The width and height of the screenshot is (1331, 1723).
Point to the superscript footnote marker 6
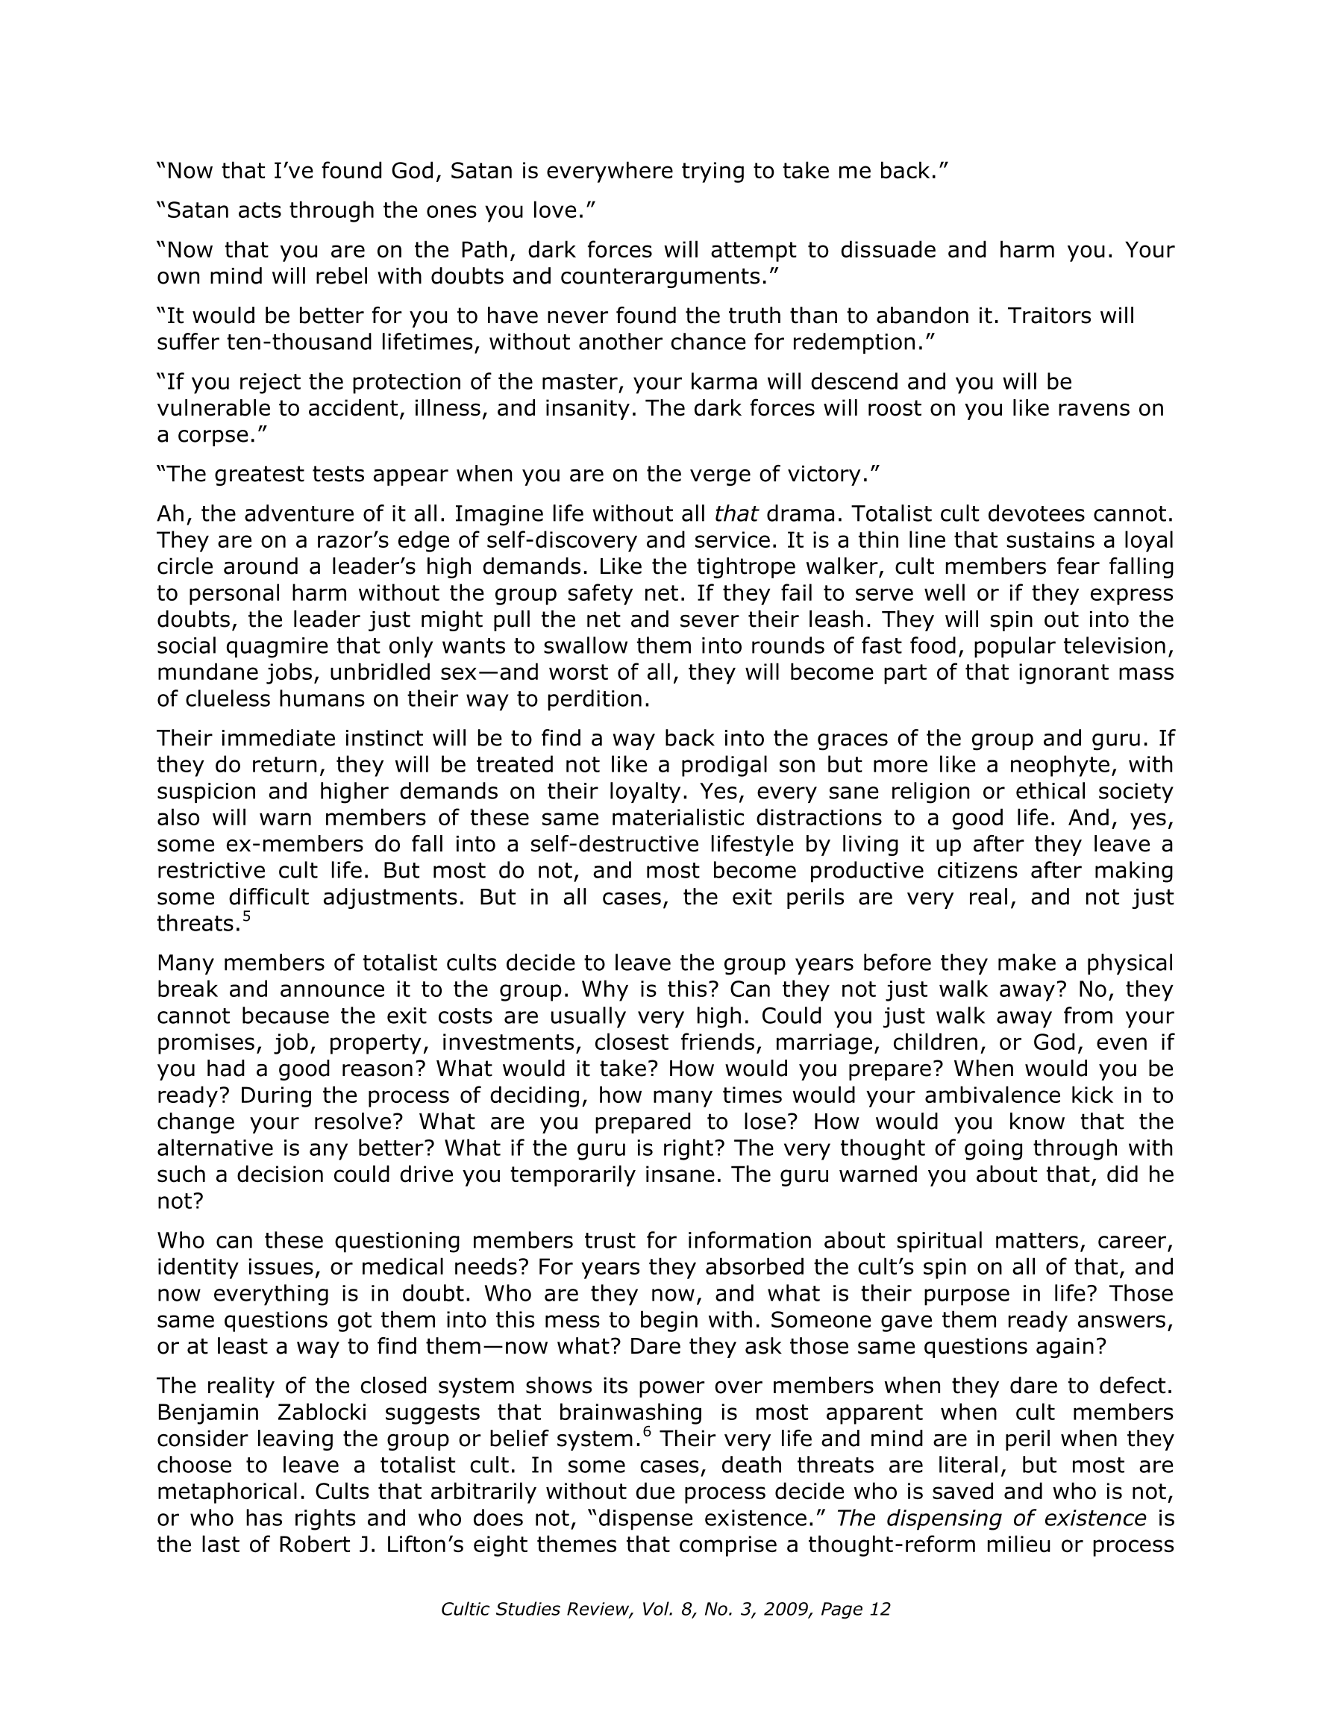point(647,1432)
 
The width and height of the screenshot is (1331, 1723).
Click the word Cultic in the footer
point(466,1609)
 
